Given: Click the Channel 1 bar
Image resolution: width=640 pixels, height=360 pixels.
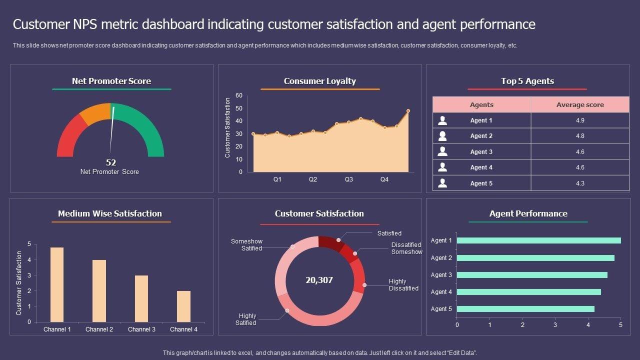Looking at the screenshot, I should pos(57,284).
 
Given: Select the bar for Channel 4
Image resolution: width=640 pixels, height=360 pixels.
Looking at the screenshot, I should pos(183,306).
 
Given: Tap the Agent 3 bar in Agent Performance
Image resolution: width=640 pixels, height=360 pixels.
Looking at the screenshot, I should pos(532,275).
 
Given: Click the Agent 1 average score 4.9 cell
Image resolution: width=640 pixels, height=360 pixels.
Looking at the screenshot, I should pos(580,120).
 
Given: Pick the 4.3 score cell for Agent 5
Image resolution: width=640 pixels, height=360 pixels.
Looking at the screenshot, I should pos(580,183).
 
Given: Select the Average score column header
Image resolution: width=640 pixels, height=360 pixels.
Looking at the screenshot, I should pos(580,105).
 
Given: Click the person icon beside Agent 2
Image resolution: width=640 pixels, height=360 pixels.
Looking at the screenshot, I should pos(442,136).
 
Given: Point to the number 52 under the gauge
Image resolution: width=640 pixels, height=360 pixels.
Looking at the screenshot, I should pos(111,162).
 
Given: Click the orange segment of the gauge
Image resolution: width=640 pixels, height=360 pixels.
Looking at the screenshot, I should pos(95,113).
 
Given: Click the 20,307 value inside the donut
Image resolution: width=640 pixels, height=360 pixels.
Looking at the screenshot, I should pos(319,280).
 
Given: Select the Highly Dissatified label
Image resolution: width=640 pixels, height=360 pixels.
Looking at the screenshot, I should pos(404,285).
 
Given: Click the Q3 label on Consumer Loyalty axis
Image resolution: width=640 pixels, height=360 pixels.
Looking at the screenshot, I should pos(348,179).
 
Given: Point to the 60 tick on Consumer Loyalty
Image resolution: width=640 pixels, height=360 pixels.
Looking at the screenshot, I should pos(239,95).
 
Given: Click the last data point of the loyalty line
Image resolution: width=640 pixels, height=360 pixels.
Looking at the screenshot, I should pos(408,111).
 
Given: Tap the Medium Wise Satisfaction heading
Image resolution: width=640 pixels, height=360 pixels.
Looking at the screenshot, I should pos(110,213).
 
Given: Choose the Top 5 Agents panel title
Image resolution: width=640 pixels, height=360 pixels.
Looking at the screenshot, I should pos(527,81).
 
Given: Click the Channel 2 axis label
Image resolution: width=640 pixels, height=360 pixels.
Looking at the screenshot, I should pos(99,329).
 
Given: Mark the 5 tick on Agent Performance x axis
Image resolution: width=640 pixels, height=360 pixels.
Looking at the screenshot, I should pos(620,325).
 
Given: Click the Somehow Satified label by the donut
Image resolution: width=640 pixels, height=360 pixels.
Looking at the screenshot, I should pos(246,245).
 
